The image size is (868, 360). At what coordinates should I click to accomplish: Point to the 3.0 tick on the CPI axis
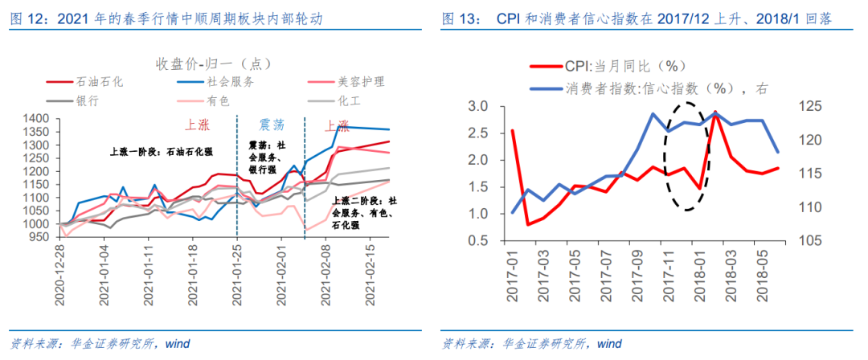pos(477,107)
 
